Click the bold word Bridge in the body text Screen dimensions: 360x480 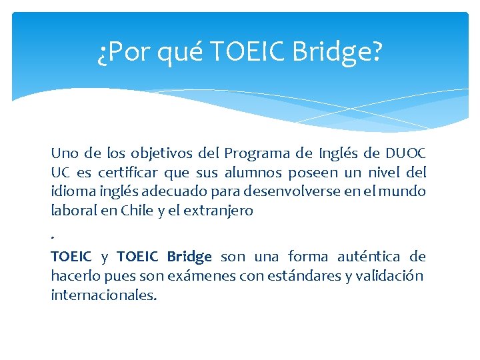coord(189,257)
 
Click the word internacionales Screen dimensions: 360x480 coord(104,295)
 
